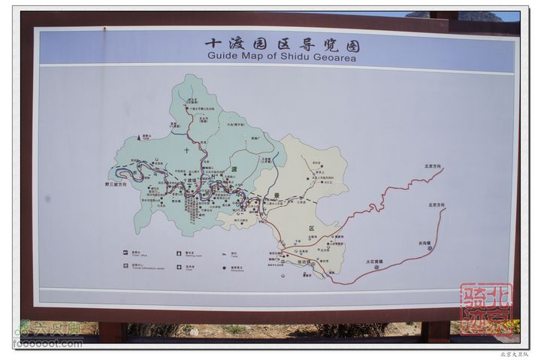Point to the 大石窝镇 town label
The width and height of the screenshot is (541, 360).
[375, 262]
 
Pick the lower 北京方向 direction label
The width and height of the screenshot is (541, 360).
[437, 204]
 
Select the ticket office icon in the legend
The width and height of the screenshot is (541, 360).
[126, 253]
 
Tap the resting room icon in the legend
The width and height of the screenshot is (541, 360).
[177, 253]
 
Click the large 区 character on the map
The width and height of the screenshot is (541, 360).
[310, 226]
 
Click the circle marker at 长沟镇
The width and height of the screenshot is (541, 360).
[430, 248]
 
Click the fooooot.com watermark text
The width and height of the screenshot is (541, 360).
[47, 343]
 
